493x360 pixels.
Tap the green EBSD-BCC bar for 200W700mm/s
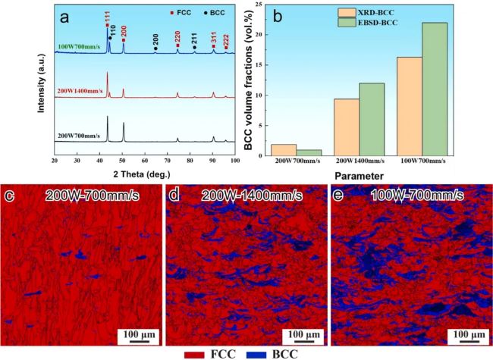pyautogui.click(x=307, y=153)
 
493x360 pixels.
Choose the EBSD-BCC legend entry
pyautogui.click(x=333, y=27)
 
